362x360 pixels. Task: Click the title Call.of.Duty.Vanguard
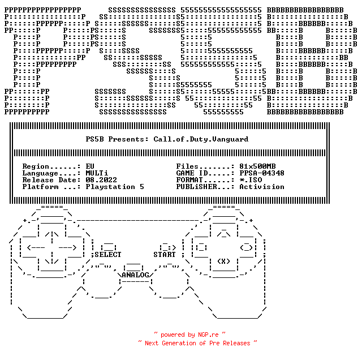pos(201,139)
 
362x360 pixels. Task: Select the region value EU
pos(90,166)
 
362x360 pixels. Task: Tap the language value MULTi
pos(97,173)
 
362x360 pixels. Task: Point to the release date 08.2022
pos(101,180)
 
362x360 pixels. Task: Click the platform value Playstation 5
pos(115,187)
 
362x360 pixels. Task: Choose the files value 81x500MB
pos(257,166)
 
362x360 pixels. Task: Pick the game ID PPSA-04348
pos(262,173)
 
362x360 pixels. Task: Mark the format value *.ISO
pos(251,180)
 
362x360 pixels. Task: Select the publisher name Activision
pos(262,187)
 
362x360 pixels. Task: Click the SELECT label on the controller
pos(108,255)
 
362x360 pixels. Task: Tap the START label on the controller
pos(165,255)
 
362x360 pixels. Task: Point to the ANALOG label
pos(135,275)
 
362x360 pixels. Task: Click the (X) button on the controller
pos(224,262)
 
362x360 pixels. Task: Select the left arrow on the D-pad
pos(36,248)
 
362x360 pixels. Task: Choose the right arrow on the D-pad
pos(68,248)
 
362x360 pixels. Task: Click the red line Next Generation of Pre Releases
pos(197,344)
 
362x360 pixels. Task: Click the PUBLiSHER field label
pos(196,187)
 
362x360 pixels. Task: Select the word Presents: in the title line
pos(128,139)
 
